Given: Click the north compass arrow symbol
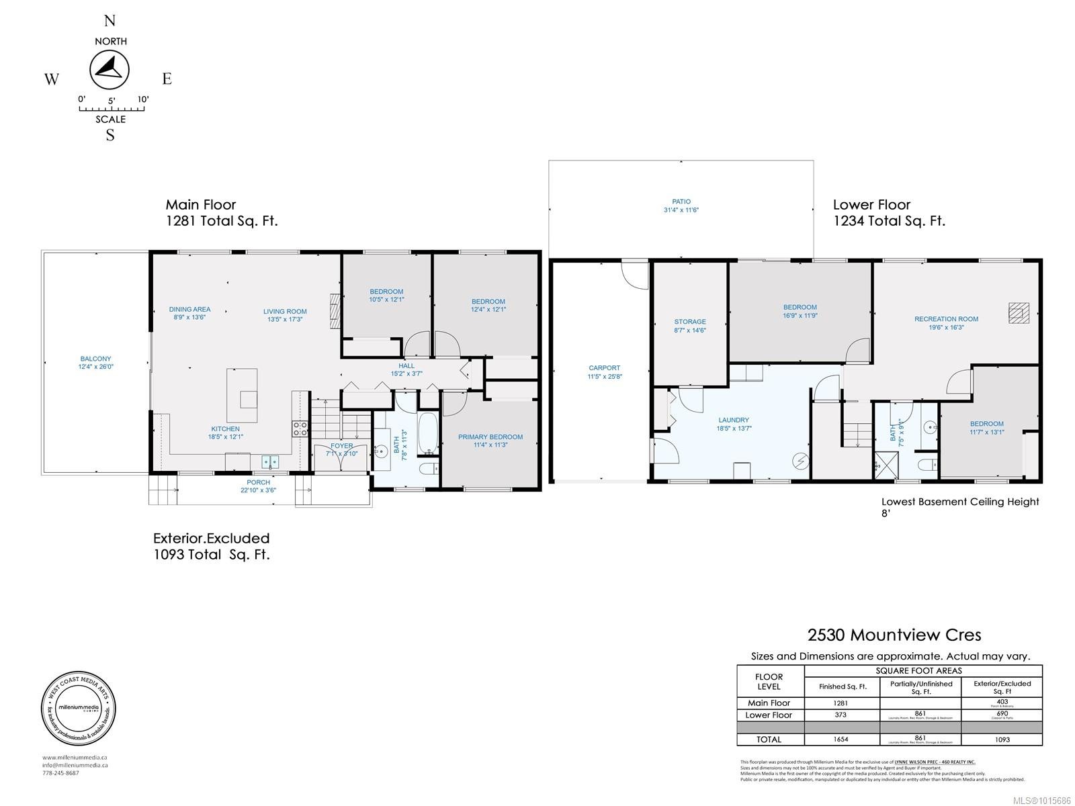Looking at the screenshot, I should point(110,69).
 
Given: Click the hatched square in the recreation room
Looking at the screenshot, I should point(1019,314).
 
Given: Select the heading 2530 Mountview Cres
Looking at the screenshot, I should point(894,635).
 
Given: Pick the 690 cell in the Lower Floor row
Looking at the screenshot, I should point(1002,715).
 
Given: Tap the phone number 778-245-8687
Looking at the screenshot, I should point(60,773).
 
